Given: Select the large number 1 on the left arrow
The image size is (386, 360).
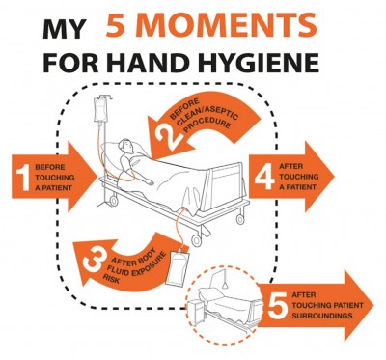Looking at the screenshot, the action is [23, 177].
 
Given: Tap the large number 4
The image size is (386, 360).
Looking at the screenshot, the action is [265, 176].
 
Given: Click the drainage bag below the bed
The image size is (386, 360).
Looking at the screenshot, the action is [178, 264].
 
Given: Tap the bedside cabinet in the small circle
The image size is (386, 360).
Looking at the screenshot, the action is [197, 310].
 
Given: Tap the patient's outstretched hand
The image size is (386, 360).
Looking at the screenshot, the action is [149, 182].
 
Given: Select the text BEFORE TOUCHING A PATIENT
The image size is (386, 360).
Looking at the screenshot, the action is [55, 178].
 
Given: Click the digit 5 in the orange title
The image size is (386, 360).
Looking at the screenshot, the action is [115, 25].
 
